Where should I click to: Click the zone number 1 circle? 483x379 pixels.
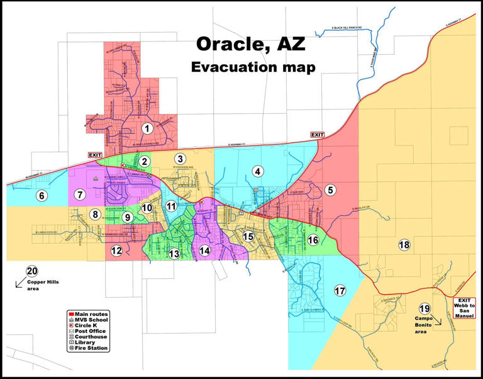coord(147,128)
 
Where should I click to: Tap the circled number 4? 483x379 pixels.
coord(257,171)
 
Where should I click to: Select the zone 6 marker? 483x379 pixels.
coord(42,195)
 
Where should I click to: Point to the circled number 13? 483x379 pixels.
coord(174,253)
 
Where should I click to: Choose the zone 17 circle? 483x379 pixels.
coord(340,290)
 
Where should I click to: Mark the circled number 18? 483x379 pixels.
coord(404,244)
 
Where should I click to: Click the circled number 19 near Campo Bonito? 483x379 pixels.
coord(425,308)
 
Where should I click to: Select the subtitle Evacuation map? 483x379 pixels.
coord(253,67)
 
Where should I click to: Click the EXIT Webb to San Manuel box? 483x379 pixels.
coord(464,308)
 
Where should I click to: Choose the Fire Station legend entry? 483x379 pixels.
coord(92,348)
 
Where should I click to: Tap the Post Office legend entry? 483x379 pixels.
coord(90,331)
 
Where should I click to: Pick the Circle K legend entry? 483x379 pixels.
coord(88,325)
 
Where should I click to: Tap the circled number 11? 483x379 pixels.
coord(172,206)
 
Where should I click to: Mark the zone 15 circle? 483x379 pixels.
coord(248,236)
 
